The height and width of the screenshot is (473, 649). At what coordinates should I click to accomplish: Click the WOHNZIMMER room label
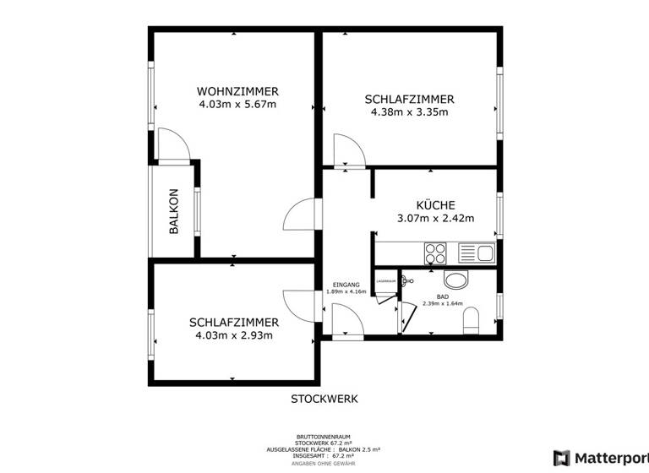coord(237,91)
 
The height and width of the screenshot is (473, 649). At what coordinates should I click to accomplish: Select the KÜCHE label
coord(435,205)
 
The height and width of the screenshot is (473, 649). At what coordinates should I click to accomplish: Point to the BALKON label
coord(174,210)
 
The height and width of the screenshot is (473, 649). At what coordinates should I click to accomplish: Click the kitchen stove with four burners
coord(436,251)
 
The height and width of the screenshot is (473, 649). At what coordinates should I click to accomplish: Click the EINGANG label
coord(346,285)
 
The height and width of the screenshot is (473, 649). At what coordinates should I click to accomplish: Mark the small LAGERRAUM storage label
coord(386,280)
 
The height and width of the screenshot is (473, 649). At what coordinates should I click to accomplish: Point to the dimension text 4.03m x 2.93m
coord(234,335)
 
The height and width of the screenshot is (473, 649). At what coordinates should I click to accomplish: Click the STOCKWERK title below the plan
coord(324,398)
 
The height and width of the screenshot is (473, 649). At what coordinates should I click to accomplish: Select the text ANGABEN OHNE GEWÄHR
coord(324,464)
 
